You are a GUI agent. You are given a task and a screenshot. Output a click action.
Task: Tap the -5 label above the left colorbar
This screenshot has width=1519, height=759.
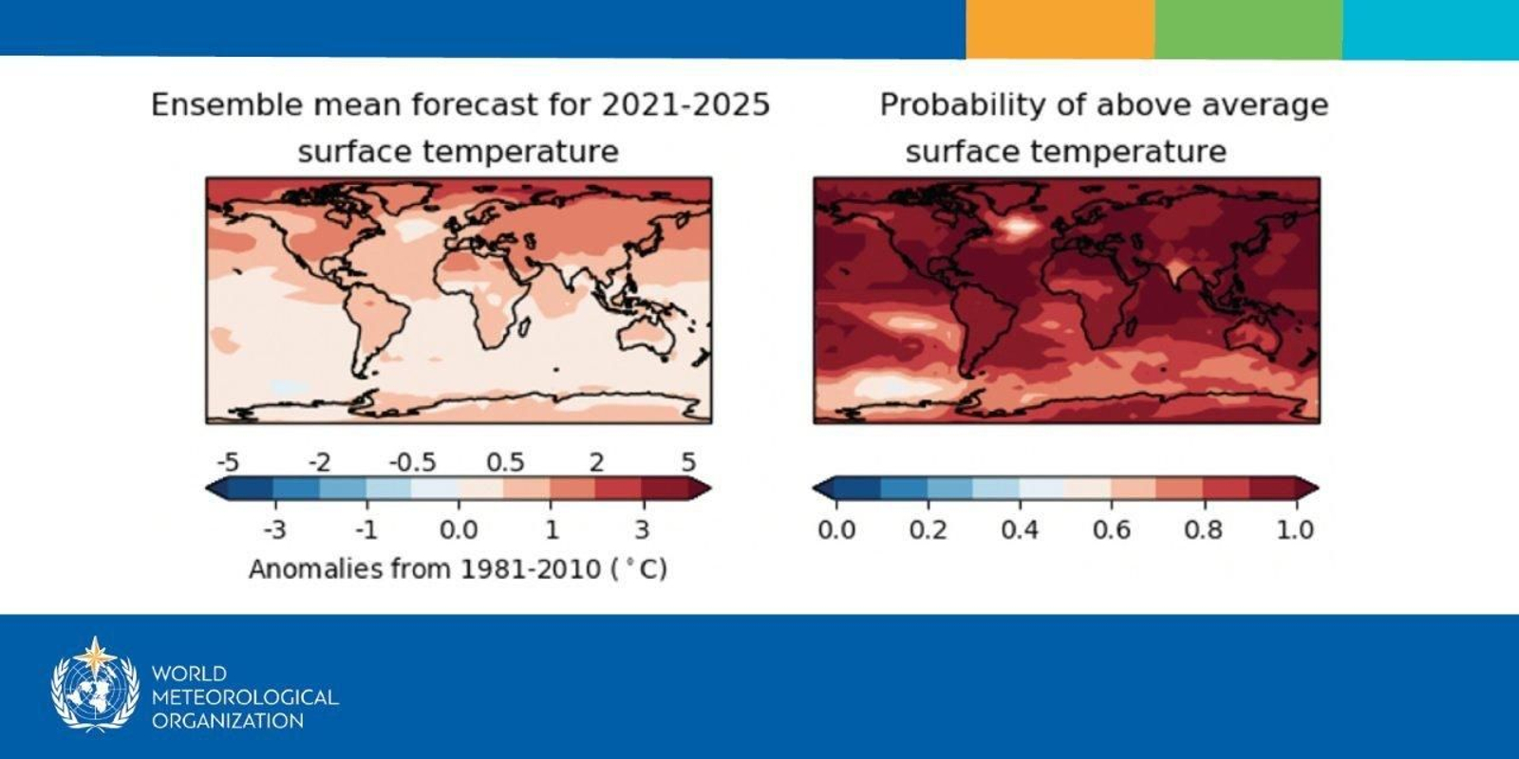click(x=228, y=462)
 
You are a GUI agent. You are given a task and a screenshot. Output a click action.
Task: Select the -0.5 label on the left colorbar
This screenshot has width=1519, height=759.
click(x=412, y=462)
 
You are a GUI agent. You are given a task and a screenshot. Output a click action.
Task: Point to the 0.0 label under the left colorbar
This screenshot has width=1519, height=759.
click(x=459, y=529)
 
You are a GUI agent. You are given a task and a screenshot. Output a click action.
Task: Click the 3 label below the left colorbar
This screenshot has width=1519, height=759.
click(x=642, y=529)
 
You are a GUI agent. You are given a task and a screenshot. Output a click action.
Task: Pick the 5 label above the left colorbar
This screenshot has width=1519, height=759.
click(x=688, y=462)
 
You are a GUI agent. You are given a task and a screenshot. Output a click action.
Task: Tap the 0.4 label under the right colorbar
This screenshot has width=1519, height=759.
click(x=1020, y=529)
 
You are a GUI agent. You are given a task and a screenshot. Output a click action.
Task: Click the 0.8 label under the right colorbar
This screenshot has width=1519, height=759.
click(x=1203, y=529)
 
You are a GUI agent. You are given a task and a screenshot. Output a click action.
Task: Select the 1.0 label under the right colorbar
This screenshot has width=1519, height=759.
click(x=1295, y=529)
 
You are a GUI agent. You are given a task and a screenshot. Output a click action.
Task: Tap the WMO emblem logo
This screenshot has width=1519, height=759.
click(x=95, y=685)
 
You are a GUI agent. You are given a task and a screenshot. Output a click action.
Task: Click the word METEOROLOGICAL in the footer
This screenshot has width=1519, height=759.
click(x=245, y=696)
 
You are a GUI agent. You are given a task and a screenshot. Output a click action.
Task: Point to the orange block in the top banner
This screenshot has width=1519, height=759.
click(x=1060, y=28)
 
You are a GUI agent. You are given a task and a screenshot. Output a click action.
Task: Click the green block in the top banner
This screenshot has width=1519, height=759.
click(x=1247, y=28)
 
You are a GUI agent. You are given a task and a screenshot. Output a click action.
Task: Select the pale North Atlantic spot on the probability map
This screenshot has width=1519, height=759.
click(x=1018, y=226)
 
